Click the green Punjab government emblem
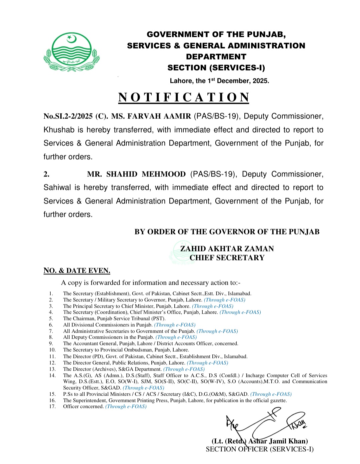pyautogui.click(x=71, y=52)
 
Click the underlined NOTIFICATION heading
pyautogui.click(x=184, y=97)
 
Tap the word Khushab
pyautogui.click(x=59, y=130)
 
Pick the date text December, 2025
pyautogui.click(x=243, y=81)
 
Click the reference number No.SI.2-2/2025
pyautogui.click(x=68, y=116)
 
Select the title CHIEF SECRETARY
pyautogui.click(x=227, y=258)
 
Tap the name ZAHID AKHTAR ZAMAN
pyautogui.click(x=227, y=249)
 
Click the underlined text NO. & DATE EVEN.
pyautogui.click(x=77, y=270)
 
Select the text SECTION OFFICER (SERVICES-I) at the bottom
pyautogui.click(x=260, y=449)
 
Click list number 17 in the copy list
pyautogui.click(x=52, y=407)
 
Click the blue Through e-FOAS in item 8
pyautogui.click(x=176, y=337)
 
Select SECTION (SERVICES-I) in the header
pyautogui.click(x=216, y=68)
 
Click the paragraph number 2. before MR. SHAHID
pyautogui.click(x=47, y=174)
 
